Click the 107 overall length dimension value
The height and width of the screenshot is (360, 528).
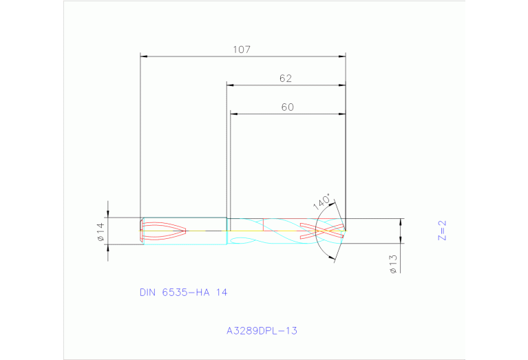tap(242, 50)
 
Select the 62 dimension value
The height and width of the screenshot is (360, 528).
tap(286, 78)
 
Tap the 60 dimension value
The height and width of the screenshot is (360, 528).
tap(287, 107)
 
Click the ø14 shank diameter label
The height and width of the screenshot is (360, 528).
tap(100, 231)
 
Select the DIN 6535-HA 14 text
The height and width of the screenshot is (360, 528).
tap(183, 292)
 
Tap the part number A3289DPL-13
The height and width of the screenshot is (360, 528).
tap(262, 330)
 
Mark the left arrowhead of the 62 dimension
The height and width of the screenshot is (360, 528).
tap(231, 85)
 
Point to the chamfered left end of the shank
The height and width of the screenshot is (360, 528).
tap(142, 231)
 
